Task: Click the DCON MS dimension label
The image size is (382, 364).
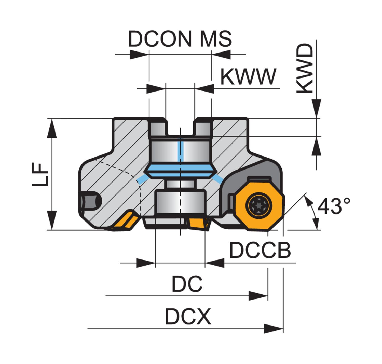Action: (180, 39)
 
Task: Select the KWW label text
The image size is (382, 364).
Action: (248, 77)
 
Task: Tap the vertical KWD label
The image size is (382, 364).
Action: (305, 68)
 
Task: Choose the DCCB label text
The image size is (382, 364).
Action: (260, 250)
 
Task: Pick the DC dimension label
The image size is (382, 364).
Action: (187, 284)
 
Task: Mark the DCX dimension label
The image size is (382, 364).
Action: (188, 317)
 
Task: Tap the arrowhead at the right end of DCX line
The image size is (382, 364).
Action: (274, 329)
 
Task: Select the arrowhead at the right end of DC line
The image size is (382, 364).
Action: (258, 296)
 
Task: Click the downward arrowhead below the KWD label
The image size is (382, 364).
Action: (316, 108)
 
